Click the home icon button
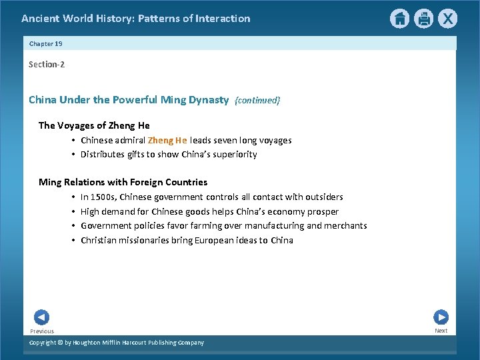[x=399, y=19]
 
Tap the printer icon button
[x=423, y=19]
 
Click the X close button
[x=447, y=19]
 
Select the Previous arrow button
[x=41, y=317]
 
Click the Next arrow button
[x=441, y=317]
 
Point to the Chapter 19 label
[x=46, y=43]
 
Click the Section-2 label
[x=47, y=64]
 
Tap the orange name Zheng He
[x=167, y=140]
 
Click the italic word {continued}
[x=257, y=101]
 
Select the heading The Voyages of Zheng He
[x=94, y=125]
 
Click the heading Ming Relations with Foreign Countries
[x=123, y=182]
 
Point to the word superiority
[x=234, y=155]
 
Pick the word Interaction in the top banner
[x=223, y=19]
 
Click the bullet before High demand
[x=73, y=211]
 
